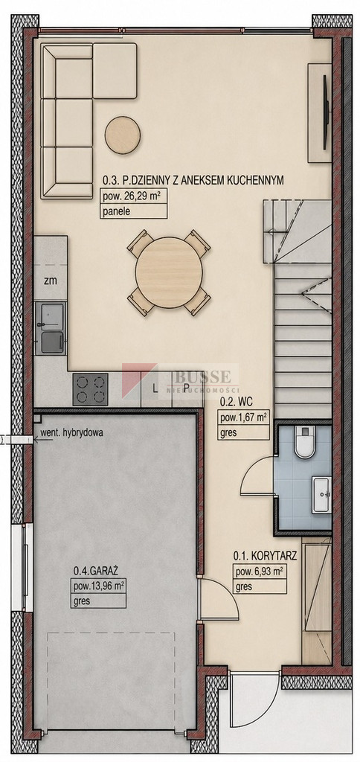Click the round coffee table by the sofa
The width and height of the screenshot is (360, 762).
click(x=123, y=135)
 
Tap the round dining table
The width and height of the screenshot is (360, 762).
click(x=169, y=272)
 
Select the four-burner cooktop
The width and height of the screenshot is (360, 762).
click(x=90, y=388)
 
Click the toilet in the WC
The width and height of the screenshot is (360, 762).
click(x=305, y=442)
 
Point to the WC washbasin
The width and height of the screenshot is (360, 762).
click(x=321, y=494)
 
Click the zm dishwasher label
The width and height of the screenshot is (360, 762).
click(x=50, y=281)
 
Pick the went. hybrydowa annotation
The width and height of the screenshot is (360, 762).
click(x=72, y=433)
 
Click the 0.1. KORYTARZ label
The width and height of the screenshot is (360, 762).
click(x=265, y=555)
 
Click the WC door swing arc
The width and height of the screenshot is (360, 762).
click(x=257, y=476)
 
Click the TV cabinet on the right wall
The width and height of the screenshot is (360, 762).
click(x=320, y=113)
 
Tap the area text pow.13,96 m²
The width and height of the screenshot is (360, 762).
click(x=98, y=586)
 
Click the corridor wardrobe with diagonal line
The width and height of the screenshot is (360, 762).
click(x=316, y=601)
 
